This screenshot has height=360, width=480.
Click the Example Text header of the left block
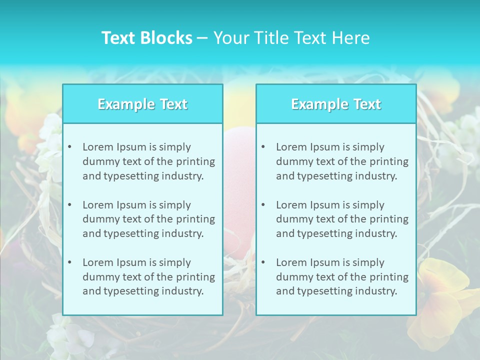coord(142,104)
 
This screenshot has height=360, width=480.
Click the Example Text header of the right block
coord(336,104)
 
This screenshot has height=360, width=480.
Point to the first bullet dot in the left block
coord(69,147)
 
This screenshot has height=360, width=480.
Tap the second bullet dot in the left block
coord(69,205)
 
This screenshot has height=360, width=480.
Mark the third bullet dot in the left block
coord(69,262)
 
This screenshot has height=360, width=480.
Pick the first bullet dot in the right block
coord(263,147)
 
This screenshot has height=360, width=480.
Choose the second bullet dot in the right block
coord(263,205)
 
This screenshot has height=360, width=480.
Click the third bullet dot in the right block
coord(263,262)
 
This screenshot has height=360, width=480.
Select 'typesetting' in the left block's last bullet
coord(131,291)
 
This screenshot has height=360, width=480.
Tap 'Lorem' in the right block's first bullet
coord(289,147)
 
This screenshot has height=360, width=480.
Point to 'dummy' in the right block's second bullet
coord(291,219)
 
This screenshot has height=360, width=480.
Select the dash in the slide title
coord(202,38)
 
